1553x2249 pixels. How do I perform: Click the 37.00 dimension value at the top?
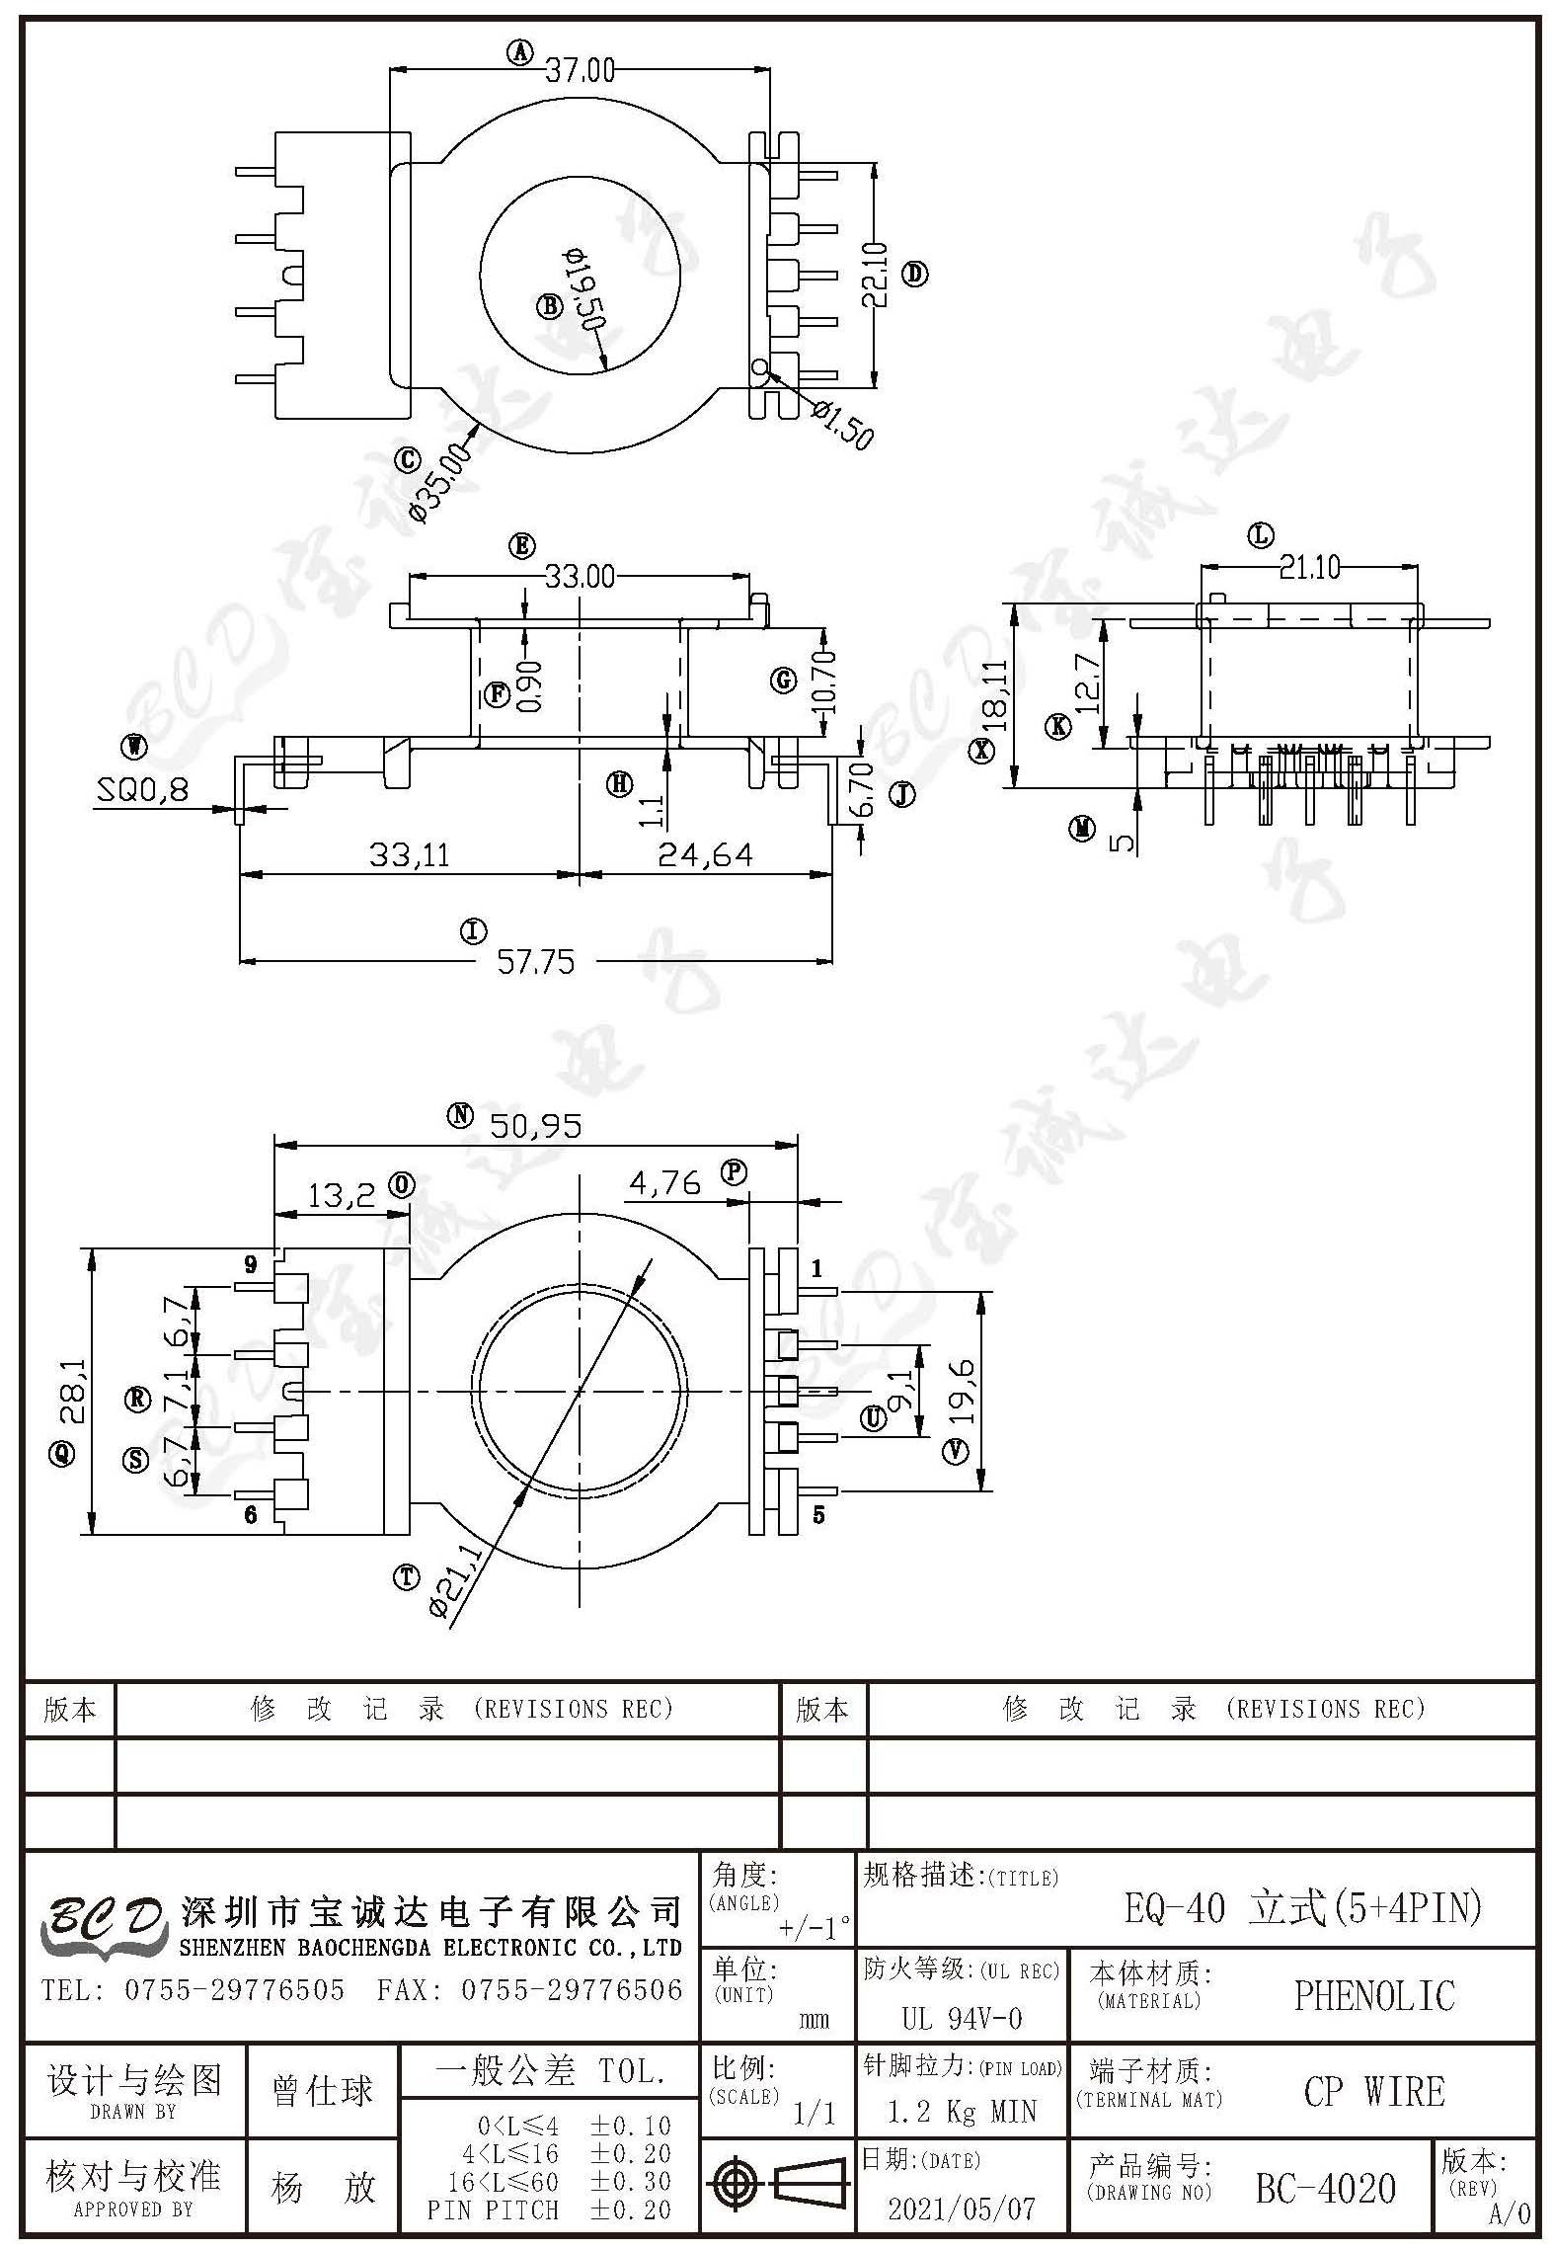[580, 70]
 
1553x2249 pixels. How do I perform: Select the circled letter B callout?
[549, 305]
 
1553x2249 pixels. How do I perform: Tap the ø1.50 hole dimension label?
[842, 423]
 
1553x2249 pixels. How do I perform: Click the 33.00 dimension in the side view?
[580, 576]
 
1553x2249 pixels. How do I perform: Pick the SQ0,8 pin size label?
[143, 790]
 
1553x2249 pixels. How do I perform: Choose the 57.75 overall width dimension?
[535, 961]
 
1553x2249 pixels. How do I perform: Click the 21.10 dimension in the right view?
[1310, 567]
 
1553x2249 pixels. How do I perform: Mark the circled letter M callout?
[1083, 829]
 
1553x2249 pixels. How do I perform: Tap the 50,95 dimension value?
[536, 1125]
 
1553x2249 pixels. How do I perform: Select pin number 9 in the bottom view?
[251, 1264]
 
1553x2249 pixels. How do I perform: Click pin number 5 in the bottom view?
[818, 1514]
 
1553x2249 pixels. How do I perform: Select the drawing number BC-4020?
[1326, 2188]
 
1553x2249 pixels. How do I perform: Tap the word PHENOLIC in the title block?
[1374, 1995]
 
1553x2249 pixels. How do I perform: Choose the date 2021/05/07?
[962, 2208]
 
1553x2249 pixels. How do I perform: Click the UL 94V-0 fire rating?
[962, 2018]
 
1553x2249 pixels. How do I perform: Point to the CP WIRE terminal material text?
[1374, 2091]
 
